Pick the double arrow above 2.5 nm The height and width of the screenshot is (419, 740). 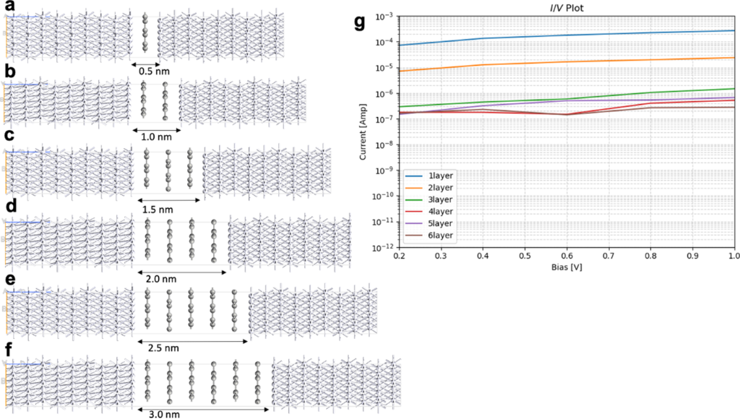point(192,338)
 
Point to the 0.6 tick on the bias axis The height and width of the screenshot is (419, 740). point(565,256)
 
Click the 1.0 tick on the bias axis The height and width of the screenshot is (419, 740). point(733,256)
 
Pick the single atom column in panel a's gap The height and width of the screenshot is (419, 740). point(145,34)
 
